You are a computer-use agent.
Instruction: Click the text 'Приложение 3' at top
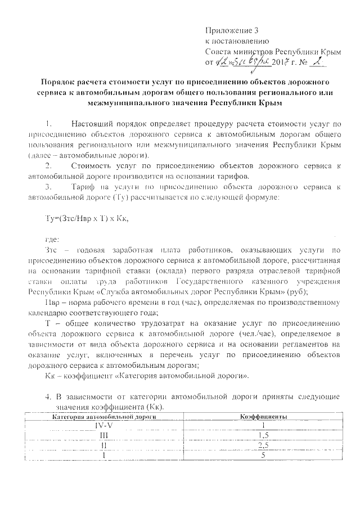231,30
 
